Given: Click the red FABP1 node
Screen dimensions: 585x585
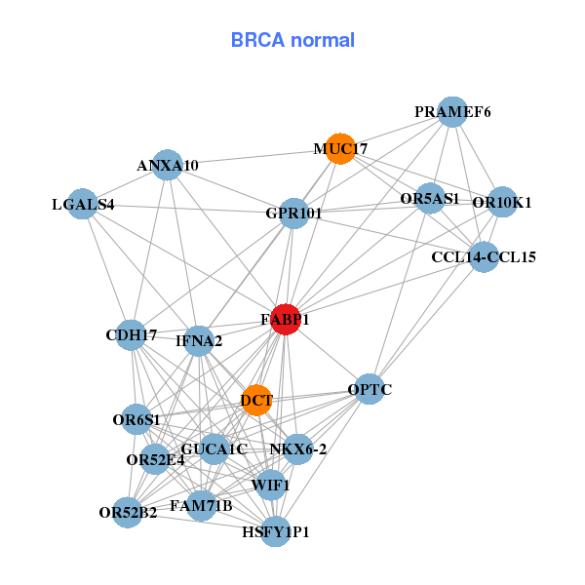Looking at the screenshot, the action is click(x=286, y=320).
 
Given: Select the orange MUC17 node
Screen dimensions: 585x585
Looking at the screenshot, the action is click(x=340, y=148).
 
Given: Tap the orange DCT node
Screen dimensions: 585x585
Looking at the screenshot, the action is click(x=256, y=401).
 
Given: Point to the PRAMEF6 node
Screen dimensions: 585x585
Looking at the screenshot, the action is click(x=452, y=112).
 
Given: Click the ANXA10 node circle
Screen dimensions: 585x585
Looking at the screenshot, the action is click(x=168, y=165).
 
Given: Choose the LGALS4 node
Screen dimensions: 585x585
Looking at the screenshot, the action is click(x=83, y=204).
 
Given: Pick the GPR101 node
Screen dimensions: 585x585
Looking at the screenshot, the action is click(x=294, y=214).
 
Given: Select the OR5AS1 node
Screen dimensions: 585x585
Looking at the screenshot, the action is click(x=430, y=198).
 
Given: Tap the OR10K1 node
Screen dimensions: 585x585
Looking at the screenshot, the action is click(x=502, y=202).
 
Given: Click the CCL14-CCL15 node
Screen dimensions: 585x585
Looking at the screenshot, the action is click(x=484, y=256).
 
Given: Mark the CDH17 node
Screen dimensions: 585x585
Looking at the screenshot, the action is click(x=131, y=335).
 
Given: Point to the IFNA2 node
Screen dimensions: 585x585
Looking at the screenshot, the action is click(x=199, y=341).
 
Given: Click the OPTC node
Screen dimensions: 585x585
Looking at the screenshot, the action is click(x=370, y=389).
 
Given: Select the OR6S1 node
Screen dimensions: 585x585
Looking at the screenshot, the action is click(x=136, y=419).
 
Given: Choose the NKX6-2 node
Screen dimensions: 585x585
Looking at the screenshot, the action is click(x=297, y=449).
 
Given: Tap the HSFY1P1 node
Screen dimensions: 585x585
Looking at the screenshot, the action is click(x=275, y=531).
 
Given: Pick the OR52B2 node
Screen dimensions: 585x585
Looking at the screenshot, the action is click(x=128, y=513).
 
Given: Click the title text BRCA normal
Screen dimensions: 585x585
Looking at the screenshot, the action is click(x=292, y=40).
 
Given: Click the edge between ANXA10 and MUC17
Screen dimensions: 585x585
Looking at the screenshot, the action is click(x=253, y=157).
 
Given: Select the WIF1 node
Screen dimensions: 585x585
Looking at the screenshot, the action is click(x=271, y=485).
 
